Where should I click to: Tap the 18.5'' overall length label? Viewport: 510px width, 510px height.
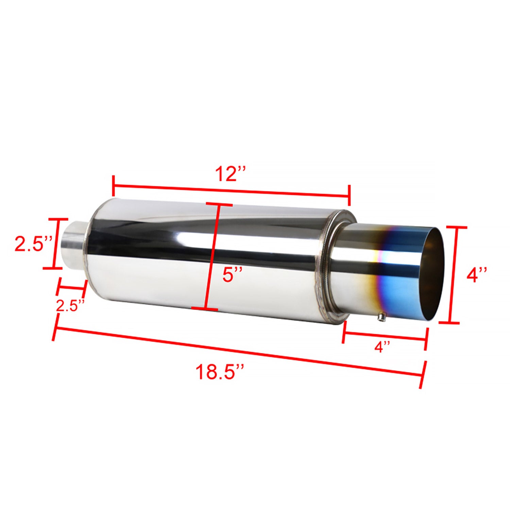coord(220,372)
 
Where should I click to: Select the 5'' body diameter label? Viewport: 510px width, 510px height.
coord(233,274)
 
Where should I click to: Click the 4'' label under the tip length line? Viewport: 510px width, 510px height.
coord(382,347)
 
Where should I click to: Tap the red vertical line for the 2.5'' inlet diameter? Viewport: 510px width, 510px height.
coord(54,243)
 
